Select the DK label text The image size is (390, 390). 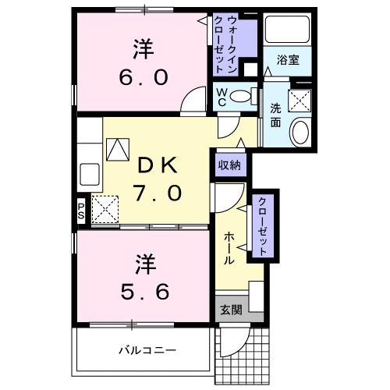(159, 165)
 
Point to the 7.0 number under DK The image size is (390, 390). (160, 192)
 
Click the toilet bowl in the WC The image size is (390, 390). (244, 97)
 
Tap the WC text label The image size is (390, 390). (222, 97)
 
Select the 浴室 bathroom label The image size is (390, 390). (286, 60)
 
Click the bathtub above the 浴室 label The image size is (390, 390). (286, 30)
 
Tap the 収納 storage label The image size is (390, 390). (229, 165)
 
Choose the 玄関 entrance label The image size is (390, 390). (229, 308)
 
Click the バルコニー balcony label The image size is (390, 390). (142, 350)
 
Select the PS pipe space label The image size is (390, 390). (80, 211)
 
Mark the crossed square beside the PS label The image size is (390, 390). (104, 209)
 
